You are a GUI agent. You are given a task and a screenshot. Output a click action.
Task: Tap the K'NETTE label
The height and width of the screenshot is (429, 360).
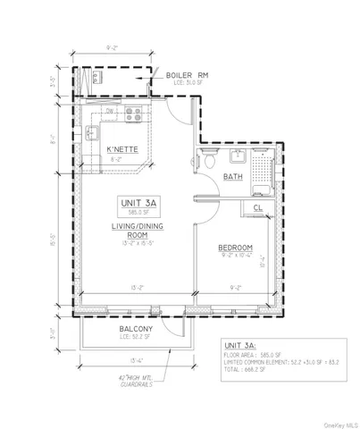tap(122, 149)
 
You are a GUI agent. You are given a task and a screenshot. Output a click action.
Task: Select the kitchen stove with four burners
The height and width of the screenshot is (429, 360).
tap(135, 114)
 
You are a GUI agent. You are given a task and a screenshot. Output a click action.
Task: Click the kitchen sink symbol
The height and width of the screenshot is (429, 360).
tap(92, 134)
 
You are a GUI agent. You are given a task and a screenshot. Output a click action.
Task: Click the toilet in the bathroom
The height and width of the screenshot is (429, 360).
tap(208, 160)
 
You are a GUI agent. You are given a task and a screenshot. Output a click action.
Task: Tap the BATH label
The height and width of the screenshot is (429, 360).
tap(234, 177)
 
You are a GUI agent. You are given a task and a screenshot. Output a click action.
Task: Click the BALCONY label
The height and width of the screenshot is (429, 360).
tap(138, 329)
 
